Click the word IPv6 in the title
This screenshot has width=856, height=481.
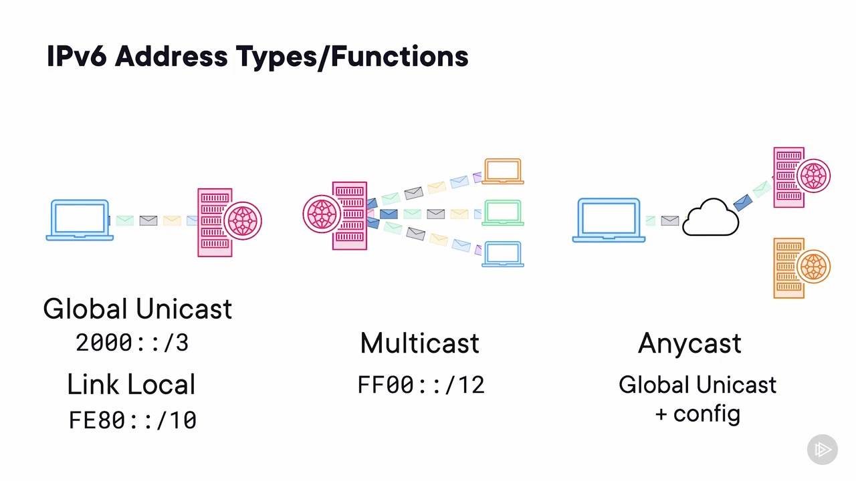tap(76, 56)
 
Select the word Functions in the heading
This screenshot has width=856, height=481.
tap(399, 56)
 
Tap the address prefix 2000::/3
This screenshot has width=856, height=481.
tap(132, 343)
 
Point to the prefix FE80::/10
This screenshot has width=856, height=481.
tap(132, 420)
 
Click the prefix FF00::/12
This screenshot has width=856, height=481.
tap(421, 384)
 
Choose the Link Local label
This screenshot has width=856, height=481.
tap(131, 384)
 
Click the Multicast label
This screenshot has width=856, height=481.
tap(419, 343)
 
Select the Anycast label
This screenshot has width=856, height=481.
tap(689, 343)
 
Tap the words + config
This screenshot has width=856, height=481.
tap(698, 414)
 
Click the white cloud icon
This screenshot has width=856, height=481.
tap(710, 217)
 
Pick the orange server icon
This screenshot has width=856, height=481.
tap(802, 268)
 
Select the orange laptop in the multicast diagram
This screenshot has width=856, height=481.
tap(502, 171)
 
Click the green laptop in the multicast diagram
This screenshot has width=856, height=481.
tap(502, 212)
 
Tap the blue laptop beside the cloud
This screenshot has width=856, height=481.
tap(609, 220)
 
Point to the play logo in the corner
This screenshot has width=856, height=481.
tap(823, 450)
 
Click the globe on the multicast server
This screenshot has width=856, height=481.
tap(322, 214)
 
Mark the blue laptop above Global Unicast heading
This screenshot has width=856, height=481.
tap(80, 220)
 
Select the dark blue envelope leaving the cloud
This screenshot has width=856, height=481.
tap(743, 202)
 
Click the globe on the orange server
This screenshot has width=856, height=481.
tap(813, 267)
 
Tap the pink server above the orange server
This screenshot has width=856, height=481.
tap(802, 177)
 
